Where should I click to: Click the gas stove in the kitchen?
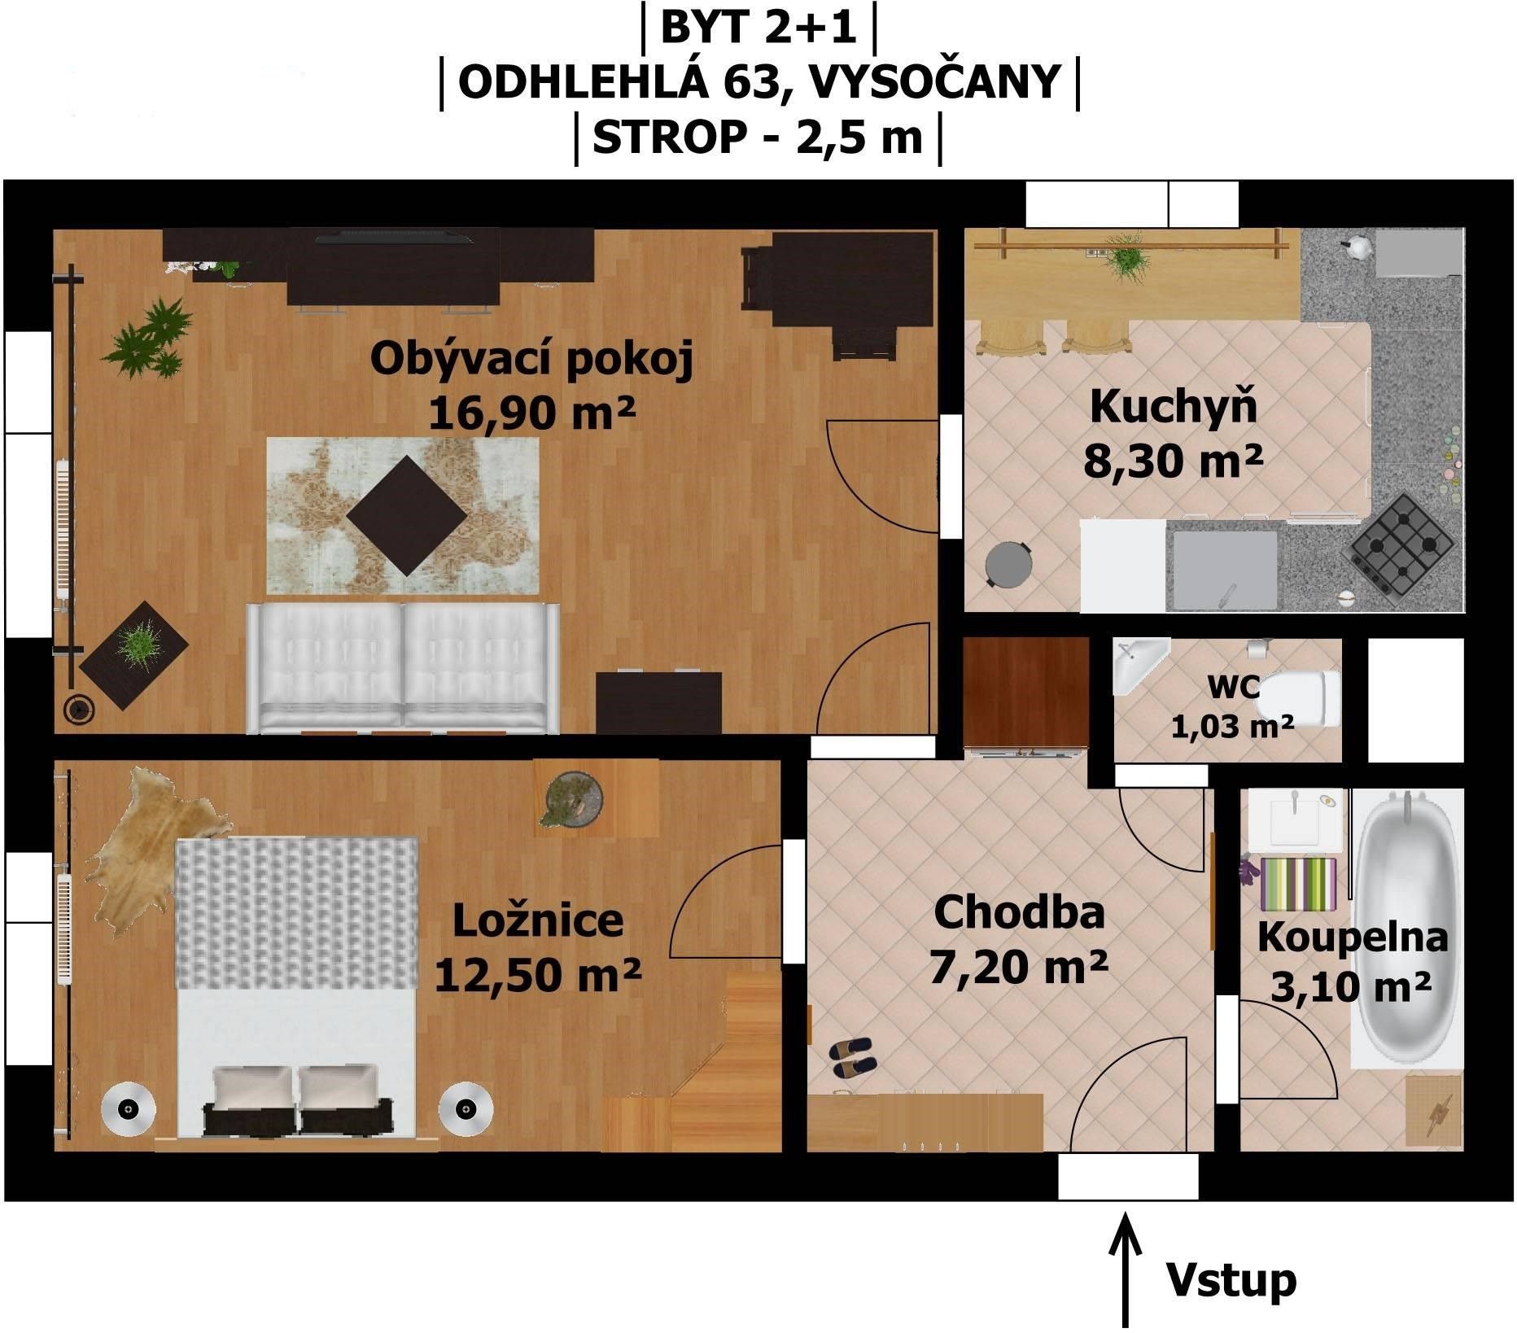click(x=1401, y=544)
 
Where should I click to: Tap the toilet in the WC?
click(x=1299, y=698)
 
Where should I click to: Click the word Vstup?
click(x=1231, y=1280)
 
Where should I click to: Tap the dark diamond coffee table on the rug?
click(x=407, y=516)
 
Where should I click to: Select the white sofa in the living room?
click(x=404, y=668)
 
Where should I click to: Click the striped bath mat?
click(x=1299, y=883)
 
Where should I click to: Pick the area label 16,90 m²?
click(x=531, y=413)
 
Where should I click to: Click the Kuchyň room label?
click(x=1174, y=406)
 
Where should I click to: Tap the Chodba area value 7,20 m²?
click(x=1018, y=966)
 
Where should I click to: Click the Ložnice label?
click(x=538, y=920)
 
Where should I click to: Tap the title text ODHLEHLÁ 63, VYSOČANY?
click(x=760, y=81)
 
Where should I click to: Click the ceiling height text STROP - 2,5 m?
click(x=758, y=137)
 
